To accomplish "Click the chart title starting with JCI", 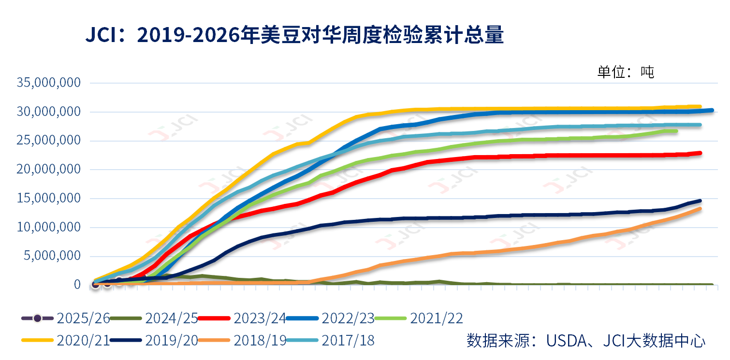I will click(294, 36).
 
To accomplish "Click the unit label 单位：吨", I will click(626, 72).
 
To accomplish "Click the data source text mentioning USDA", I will click(585, 340).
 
